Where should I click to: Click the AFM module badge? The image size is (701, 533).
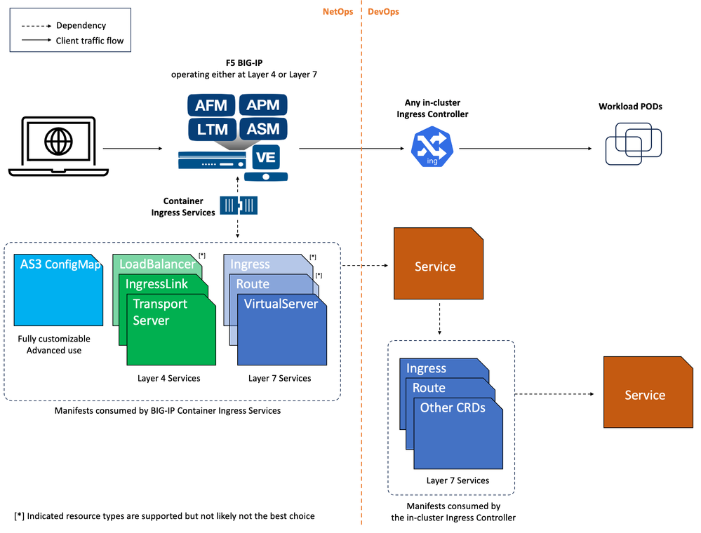(211, 106)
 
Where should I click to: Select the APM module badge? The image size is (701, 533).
(263, 106)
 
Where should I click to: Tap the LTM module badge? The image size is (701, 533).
(211, 129)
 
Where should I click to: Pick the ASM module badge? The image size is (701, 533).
(263, 129)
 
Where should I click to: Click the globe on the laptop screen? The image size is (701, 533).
(58, 142)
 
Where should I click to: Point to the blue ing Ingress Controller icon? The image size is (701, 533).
(432, 148)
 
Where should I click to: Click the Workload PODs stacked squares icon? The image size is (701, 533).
(632, 144)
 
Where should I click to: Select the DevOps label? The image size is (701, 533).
(383, 12)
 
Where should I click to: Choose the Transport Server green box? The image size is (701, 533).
(171, 330)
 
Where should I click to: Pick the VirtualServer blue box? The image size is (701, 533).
(281, 330)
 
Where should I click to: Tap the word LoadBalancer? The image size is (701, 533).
(157, 264)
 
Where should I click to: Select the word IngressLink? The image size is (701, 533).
(157, 284)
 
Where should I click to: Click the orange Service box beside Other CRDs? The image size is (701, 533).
(644, 395)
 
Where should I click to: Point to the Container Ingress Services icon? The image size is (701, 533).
(239, 205)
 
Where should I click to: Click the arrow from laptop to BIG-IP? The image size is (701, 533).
(133, 148)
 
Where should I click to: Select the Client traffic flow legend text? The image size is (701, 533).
(90, 41)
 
